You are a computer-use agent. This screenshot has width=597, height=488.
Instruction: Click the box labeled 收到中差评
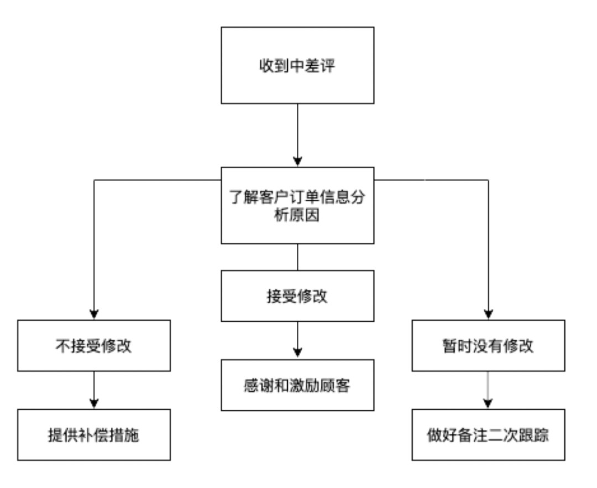pos(297,65)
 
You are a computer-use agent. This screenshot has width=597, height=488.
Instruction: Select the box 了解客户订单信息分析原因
pos(297,205)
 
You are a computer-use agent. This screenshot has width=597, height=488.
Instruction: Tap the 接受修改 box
pos(297,296)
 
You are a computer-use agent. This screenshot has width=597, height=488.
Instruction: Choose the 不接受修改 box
pos(93,345)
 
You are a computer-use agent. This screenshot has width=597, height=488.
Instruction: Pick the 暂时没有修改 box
pos(488,345)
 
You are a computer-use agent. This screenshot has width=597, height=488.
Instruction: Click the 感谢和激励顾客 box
pos(297,385)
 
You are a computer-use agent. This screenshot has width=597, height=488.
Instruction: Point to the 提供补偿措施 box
pos(93,435)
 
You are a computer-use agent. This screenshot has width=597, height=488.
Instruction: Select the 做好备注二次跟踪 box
pos(488,435)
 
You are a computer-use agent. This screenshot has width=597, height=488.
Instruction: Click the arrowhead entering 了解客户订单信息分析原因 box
pos(297,162)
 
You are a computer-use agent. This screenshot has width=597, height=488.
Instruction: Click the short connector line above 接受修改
pos(297,257)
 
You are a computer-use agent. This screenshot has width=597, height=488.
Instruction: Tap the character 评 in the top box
pos(328,65)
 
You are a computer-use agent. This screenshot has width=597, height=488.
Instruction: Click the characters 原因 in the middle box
pos(305,215)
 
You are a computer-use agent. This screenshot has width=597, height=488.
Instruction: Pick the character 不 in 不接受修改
pos(63,346)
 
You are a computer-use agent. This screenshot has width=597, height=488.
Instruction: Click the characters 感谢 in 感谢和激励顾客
pos(259,385)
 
